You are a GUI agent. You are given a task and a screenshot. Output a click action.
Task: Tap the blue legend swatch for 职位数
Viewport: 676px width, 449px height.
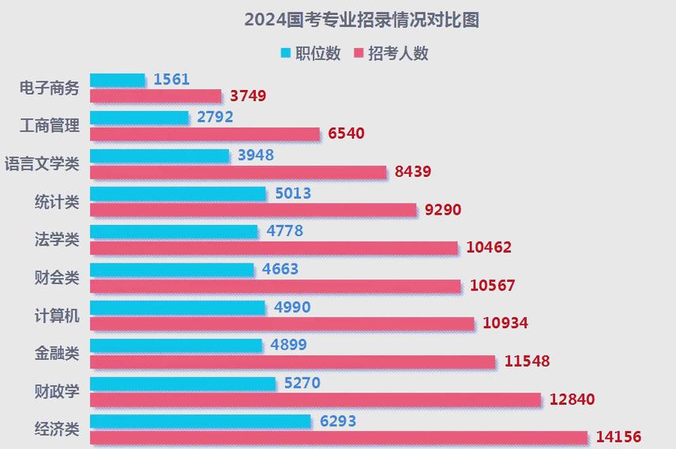pyautogui.click(x=286, y=54)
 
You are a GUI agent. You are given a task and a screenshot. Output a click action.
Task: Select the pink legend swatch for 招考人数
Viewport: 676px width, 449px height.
pyautogui.click(x=359, y=54)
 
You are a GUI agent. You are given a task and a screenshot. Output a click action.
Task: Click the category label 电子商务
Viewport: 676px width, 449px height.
pyautogui.click(x=50, y=88)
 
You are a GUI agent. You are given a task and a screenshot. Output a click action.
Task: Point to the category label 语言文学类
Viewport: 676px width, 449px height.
pyautogui.click(x=42, y=164)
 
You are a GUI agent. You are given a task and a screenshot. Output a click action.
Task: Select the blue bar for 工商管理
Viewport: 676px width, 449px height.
pyautogui.click(x=139, y=118)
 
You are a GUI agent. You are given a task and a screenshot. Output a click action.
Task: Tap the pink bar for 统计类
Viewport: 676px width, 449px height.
pyautogui.click(x=253, y=210)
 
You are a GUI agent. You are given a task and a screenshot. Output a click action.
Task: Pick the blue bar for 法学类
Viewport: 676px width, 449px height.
pyautogui.click(x=174, y=231)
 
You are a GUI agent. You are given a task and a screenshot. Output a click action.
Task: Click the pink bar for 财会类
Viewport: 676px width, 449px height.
pyautogui.click(x=275, y=286)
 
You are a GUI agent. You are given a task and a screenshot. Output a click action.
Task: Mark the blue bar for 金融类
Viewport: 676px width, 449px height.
pyautogui.click(x=175, y=345)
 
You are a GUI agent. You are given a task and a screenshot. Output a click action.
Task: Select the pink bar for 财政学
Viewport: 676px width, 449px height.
pyautogui.click(x=315, y=399)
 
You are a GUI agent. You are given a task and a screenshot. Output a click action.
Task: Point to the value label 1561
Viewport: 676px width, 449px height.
pyautogui.click(x=171, y=79)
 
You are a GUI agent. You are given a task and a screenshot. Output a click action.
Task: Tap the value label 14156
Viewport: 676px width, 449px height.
pyautogui.click(x=619, y=437)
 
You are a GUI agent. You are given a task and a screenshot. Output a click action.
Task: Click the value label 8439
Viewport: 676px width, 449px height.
pyautogui.click(x=413, y=172)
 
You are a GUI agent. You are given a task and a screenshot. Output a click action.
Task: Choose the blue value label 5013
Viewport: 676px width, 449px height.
pyautogui.click(x=293, y=193)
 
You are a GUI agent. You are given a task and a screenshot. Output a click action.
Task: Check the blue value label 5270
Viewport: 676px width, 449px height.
pyautogui.click(x=302, y=383)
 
